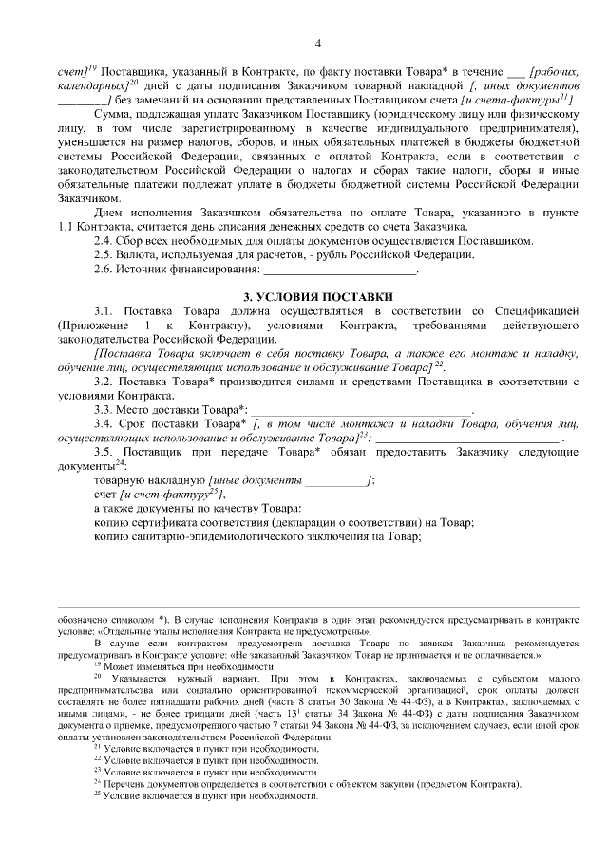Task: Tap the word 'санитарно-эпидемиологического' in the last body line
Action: pyautogui.click(x=208, y=536)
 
